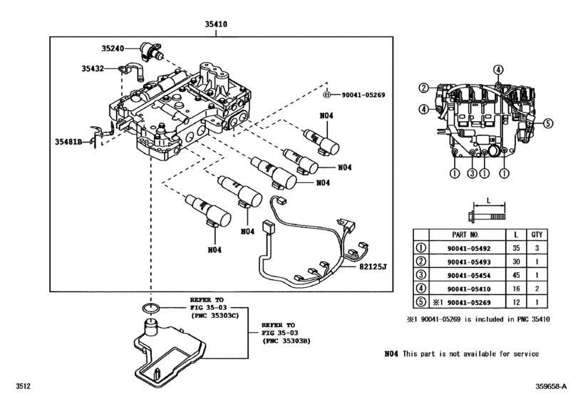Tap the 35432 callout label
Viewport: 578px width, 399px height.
(93, 68)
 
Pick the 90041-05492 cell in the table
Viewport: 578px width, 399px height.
(467, 248)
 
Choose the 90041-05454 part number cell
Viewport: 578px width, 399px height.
(467, 275)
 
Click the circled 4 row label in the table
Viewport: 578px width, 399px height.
(422, 289)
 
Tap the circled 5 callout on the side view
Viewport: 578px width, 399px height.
(549, 123)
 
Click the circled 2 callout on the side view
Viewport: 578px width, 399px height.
(423, 88)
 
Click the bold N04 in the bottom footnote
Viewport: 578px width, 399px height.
(392, 354)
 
